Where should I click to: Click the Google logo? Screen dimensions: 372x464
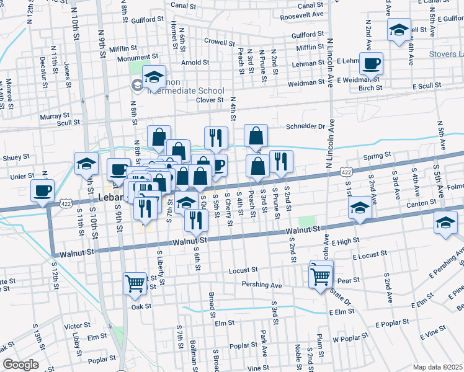pyautogui.click(x=20, y=365)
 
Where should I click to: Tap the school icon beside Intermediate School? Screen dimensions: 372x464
pyautogui.click(x=154, y=77)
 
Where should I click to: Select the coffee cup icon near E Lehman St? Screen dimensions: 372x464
pyautogui.click(x=371, y=63)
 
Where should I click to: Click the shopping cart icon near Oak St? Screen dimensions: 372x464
pyautogui.click(x=135, y=283)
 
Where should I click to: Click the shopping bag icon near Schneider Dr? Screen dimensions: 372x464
pyautogui.click(x=256, y=135)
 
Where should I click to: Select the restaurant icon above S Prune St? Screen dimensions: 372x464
pyautogui.click(x=281, y=162)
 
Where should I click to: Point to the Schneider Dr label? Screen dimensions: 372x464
pyautogui.click(x=305, y=126)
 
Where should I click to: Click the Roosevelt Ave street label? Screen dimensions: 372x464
pyautogui.click(x=301, y=14)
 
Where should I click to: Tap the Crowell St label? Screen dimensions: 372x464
pyautogui.click(x=218, y=41)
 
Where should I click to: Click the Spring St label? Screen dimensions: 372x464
pyautogui.click(x=378, y=156)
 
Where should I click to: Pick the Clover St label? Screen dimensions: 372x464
pyautogui.click(x=209, y=100)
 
